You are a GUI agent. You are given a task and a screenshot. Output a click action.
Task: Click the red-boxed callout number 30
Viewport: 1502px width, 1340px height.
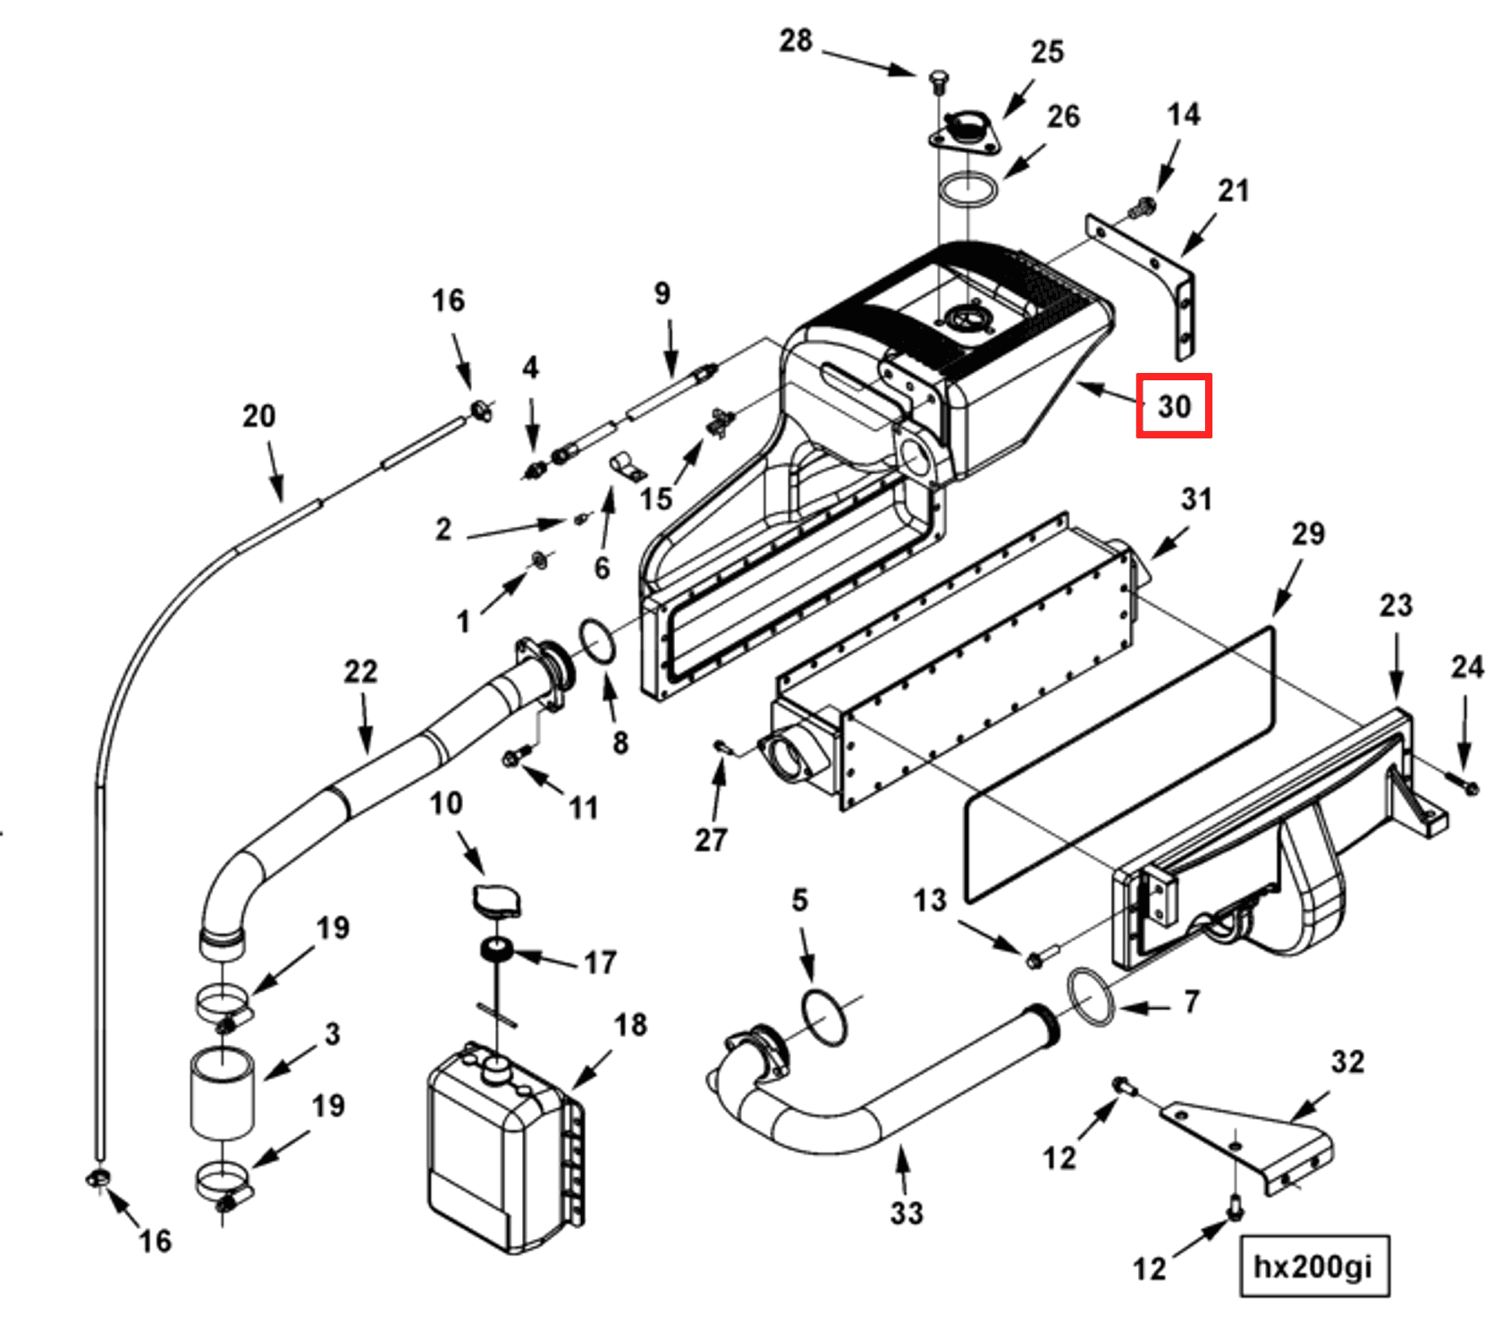coord(1173,406)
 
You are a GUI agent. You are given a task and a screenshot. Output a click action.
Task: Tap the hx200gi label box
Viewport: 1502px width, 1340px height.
coord(1313,1266)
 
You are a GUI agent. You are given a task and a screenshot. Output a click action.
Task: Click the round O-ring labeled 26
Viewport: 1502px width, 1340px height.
coord(968,190)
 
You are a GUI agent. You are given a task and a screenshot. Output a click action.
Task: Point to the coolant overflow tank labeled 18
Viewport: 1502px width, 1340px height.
coord(503,1149)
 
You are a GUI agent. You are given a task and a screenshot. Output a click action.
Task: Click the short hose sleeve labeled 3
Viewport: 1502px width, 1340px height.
coord(222,1093)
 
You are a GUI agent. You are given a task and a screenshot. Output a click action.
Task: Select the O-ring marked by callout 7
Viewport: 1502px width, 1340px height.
coord(1089,996)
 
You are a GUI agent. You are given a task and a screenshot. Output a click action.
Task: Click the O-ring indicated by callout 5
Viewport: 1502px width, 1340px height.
coord(823,1017)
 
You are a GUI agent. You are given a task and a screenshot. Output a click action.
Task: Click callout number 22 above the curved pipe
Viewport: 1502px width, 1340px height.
coord(360,671)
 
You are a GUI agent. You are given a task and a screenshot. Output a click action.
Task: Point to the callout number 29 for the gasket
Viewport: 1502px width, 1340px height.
coord(1307,534)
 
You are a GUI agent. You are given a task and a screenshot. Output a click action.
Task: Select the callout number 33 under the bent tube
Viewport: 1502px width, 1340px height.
coord(906,1212)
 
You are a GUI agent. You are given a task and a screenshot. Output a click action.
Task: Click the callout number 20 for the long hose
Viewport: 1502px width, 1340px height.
coord(259,416)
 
